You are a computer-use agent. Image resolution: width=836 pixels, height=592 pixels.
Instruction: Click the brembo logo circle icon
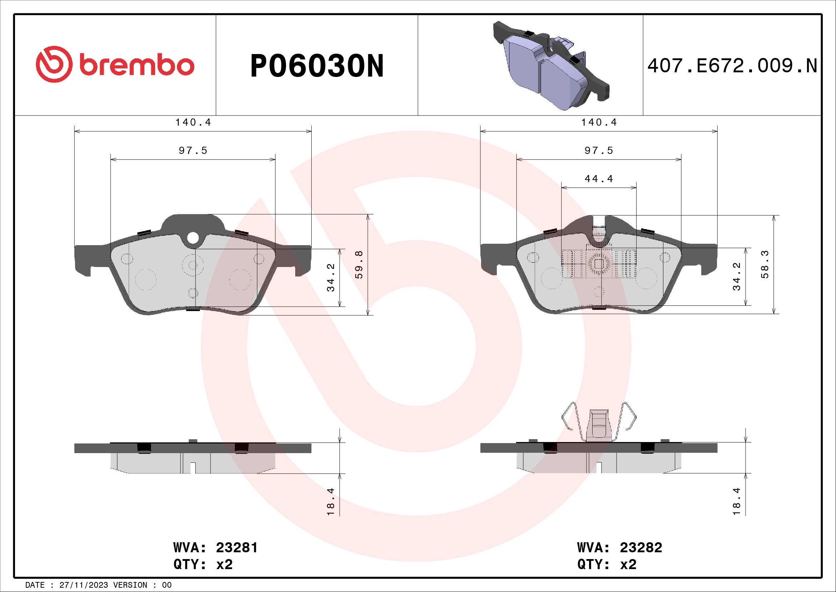pos(54,64)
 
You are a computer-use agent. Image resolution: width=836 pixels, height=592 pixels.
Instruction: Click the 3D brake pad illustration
pos(550,65)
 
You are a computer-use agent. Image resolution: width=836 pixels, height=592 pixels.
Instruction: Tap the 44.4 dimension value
pos(599,179)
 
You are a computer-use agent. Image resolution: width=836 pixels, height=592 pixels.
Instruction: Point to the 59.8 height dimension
pos(359,265)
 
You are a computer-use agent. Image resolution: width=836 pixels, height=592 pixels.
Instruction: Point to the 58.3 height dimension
pos(765,264)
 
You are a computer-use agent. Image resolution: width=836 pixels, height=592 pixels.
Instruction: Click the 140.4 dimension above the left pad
pos(193,122)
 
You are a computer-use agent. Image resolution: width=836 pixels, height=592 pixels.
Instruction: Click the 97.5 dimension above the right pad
pos(599,151)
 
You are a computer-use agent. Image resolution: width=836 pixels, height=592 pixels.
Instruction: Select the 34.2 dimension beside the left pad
pos(331,278)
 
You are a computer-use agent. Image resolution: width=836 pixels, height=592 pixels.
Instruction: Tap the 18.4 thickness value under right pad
pos(737,501)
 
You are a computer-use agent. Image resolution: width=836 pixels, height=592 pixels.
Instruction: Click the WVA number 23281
pos(237,548)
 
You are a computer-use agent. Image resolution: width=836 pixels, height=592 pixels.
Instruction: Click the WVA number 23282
pos(641,548)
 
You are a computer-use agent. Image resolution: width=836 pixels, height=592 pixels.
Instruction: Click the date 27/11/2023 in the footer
pos(83,585)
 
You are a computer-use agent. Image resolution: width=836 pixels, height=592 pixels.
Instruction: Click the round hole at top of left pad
pos(193,238)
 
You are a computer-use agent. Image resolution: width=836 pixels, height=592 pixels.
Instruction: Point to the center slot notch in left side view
pos(193,467)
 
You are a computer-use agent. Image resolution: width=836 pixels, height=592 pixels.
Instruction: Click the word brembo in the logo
pos(137,65)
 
